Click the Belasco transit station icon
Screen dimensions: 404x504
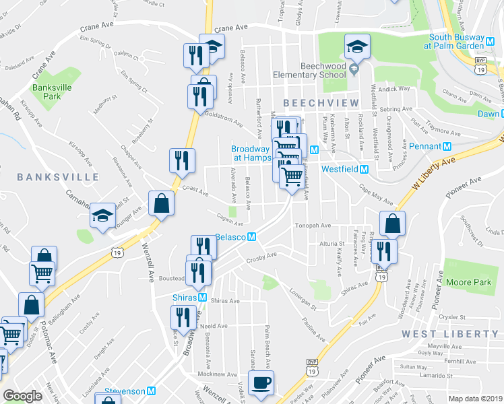click(251, 238)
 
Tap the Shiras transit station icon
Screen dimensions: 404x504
click(202, 298)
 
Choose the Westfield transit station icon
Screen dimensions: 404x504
click(364, 170)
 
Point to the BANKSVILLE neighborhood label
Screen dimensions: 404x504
click(58, 177)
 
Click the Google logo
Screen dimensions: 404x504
click(23, 397)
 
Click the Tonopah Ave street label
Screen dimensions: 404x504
click(312, 226)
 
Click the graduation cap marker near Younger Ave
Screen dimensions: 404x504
click(102, 215)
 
